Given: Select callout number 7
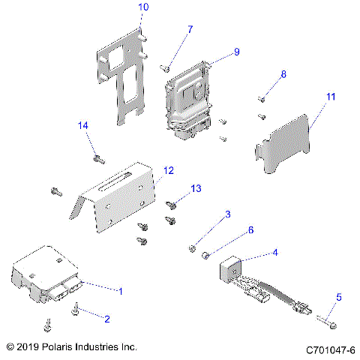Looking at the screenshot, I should coord(190,29).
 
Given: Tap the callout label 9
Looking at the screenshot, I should coord(236,52).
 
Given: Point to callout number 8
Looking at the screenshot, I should coord(283,74).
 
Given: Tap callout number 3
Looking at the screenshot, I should coord(227,215).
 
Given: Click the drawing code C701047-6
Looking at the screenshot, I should coord(330,350).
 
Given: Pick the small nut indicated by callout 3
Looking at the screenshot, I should coord(193,248).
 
